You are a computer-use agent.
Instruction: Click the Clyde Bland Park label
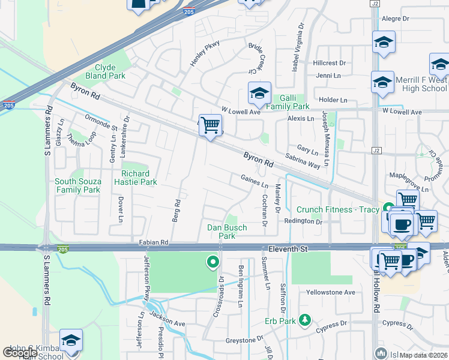coord(105,72)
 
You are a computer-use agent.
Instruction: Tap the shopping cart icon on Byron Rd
coord(210,125)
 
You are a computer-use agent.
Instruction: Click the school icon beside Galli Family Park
coord(259,94)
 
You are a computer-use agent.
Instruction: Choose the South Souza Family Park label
coord(78,185)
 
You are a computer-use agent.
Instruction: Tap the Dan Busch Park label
coord(227,232)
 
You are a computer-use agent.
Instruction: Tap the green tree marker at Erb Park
coord(306,319)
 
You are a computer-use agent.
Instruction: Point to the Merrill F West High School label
coord(421,85)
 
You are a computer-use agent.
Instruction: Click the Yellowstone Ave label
coord(331,292)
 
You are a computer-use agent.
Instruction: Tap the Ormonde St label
coord(100,122)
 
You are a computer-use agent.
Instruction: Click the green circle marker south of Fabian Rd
coord(212,262)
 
